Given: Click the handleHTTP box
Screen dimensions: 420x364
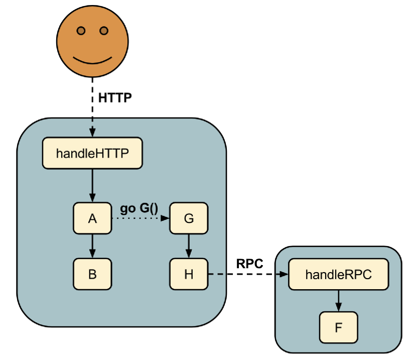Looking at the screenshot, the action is click(92, 153).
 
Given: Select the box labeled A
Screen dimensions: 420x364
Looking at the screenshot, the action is click(92, 218).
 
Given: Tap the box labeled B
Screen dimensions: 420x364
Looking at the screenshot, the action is click(92, 274).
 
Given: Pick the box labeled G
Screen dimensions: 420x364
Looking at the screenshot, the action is click(189, 218).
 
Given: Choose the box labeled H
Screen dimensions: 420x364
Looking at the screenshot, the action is click(189, 274).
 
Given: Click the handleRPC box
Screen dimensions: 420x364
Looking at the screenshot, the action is click(339, 274).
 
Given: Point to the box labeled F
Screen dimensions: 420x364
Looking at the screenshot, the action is click(339, 327).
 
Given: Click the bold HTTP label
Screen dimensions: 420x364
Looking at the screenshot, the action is click(115, 98).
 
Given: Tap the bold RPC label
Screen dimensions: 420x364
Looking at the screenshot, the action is click(250, 264).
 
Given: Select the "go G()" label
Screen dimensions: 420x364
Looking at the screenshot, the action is click(139, 209).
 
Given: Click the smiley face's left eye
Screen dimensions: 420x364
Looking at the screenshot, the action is click(81, 31).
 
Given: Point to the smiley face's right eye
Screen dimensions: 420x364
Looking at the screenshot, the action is click(104, 31).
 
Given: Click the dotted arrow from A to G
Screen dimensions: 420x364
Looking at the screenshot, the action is click(141, 218).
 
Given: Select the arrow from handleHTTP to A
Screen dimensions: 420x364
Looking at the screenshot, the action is click(92, 186).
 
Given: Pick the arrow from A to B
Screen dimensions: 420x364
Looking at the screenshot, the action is click(92, 246).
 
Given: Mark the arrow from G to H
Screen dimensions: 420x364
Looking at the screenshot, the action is click(189, 246).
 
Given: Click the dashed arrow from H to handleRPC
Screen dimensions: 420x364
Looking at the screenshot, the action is click(248, 274).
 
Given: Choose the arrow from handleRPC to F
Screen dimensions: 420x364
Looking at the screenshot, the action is click(339, 301).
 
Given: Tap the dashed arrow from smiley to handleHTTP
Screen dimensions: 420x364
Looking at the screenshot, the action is click(92, 107).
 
